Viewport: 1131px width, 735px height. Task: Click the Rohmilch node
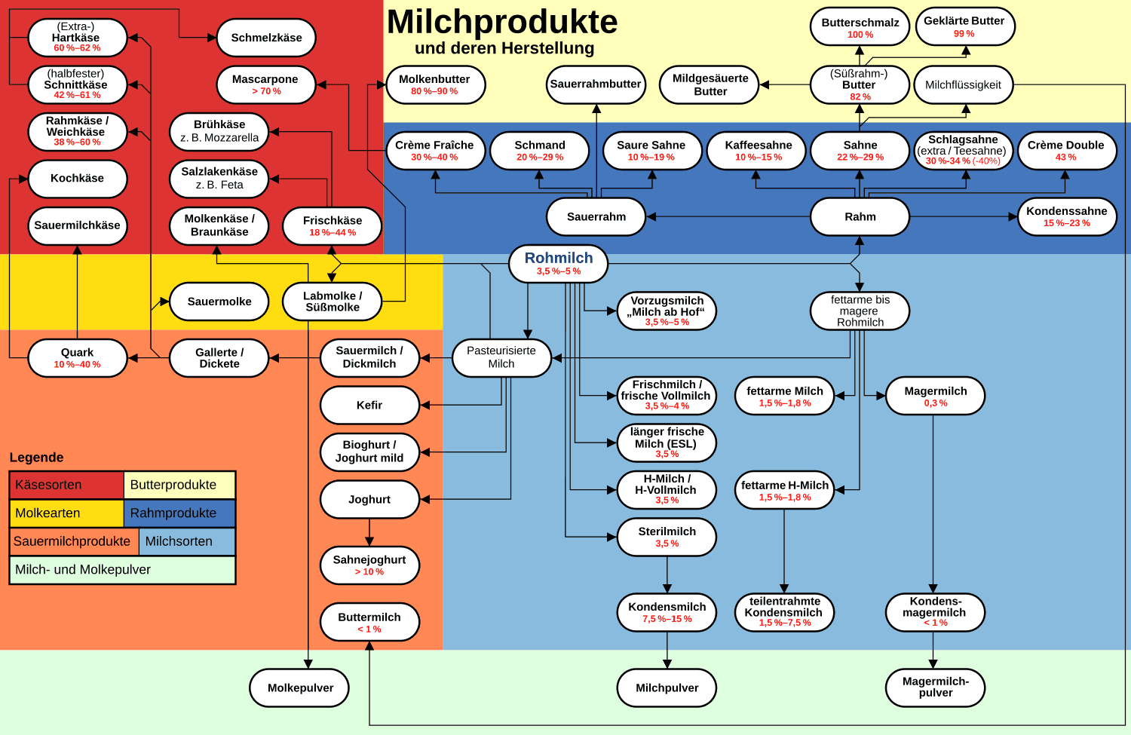point(558,264)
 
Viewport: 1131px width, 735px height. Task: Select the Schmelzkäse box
point(266,38)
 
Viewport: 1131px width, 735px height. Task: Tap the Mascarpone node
point(266,84)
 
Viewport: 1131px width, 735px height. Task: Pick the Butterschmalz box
point(860,26)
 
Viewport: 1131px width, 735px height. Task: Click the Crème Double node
point(1067,151)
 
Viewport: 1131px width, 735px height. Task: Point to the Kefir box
point(369,406)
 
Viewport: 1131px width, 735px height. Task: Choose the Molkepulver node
point(299,688)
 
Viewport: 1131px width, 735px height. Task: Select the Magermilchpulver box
point(935,688)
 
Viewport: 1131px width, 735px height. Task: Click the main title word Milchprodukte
point(502,22)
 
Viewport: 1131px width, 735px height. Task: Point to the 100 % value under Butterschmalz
point(860,35)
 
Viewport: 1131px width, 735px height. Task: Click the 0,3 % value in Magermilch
point(936,403)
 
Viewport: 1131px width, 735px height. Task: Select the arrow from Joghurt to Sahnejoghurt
point(369,532)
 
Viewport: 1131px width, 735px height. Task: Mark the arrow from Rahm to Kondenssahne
point(964,216)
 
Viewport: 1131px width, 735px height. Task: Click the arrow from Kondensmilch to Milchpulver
point(667,650)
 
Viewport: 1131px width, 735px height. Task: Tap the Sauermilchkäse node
point(77,225)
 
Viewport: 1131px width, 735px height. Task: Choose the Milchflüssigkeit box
point(964,84)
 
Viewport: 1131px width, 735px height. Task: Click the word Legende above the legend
point(36,458)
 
